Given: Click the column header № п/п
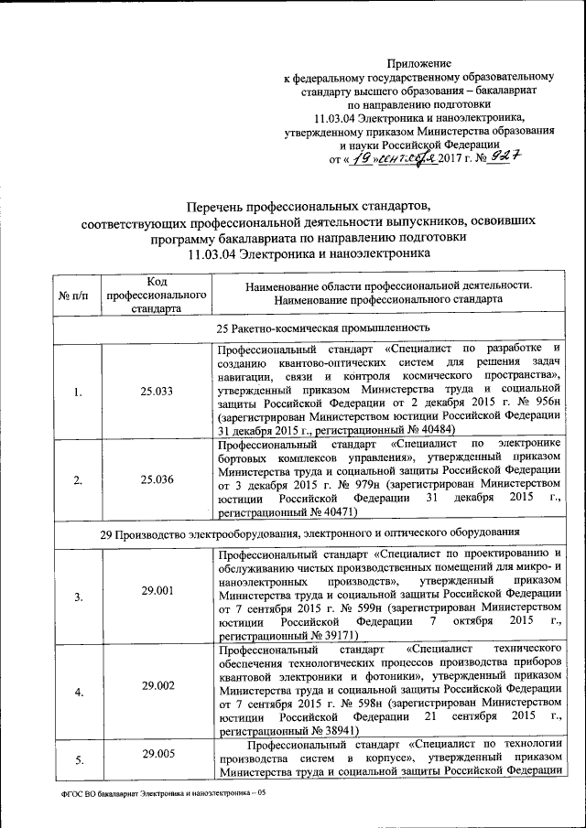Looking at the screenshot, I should (x=73, y=296).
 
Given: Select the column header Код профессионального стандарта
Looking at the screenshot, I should (x=155, y=295).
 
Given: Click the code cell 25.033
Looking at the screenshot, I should (x=155, y=392).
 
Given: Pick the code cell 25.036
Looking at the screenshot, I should (x=155, y=479).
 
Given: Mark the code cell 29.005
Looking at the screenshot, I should (x=155, y=755).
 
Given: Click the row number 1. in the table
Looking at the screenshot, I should (x=77, y=392).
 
